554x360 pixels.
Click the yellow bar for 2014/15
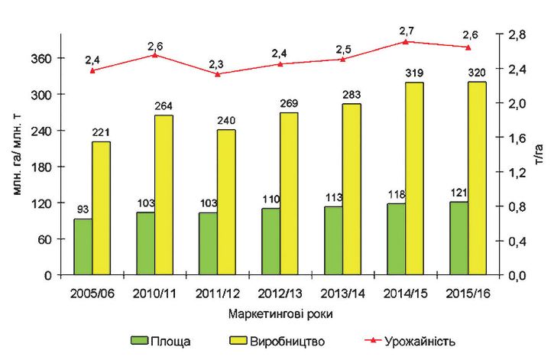pos(414,178)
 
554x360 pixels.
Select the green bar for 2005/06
pos(83,246)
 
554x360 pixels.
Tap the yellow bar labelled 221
pos(101,207)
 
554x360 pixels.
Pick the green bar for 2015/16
pos(458,238)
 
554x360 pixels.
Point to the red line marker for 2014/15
pos(406,41)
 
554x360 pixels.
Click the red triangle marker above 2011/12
pos(218,73)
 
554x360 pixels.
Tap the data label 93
pos(83,209)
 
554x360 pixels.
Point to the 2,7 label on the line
pos(407,31)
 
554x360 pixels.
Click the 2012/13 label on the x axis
pos(280,294)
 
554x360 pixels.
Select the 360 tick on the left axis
pos(42,58)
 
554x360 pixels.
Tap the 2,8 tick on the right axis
pos(517,35)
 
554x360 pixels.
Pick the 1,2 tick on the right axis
pos(517,173)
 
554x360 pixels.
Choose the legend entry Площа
pos(162,340)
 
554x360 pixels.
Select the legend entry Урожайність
pos(409,340)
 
